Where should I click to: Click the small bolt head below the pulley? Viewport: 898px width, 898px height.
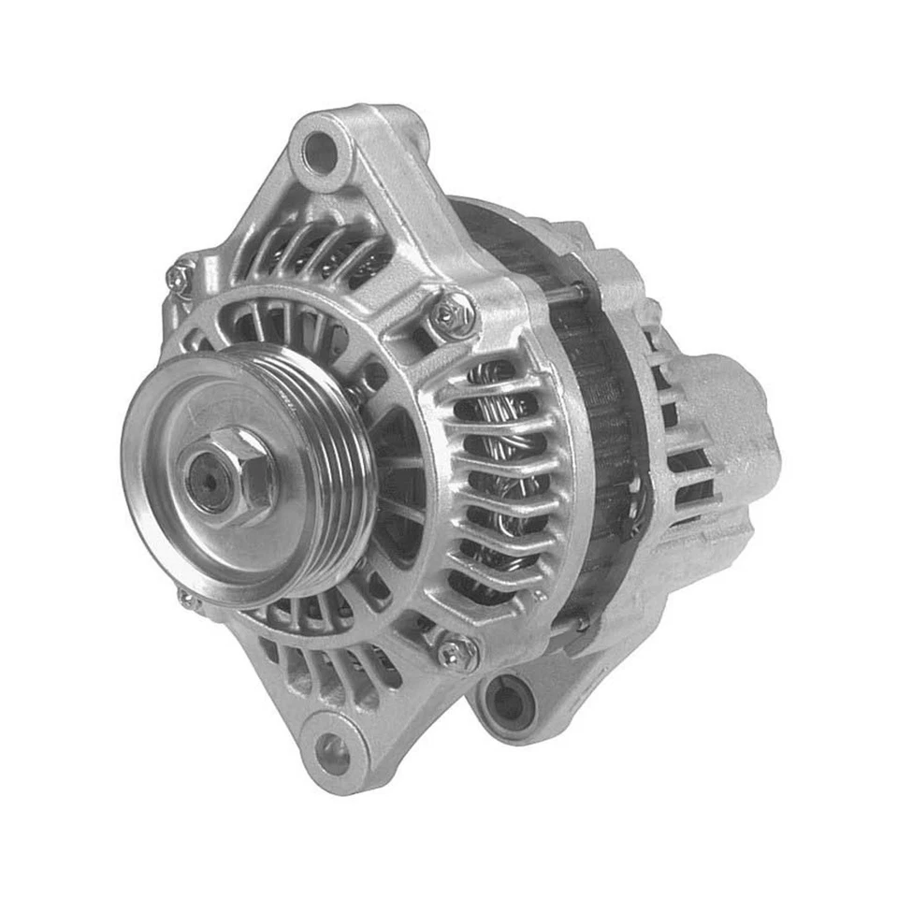pyautogui.click(x=188, y=600)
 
